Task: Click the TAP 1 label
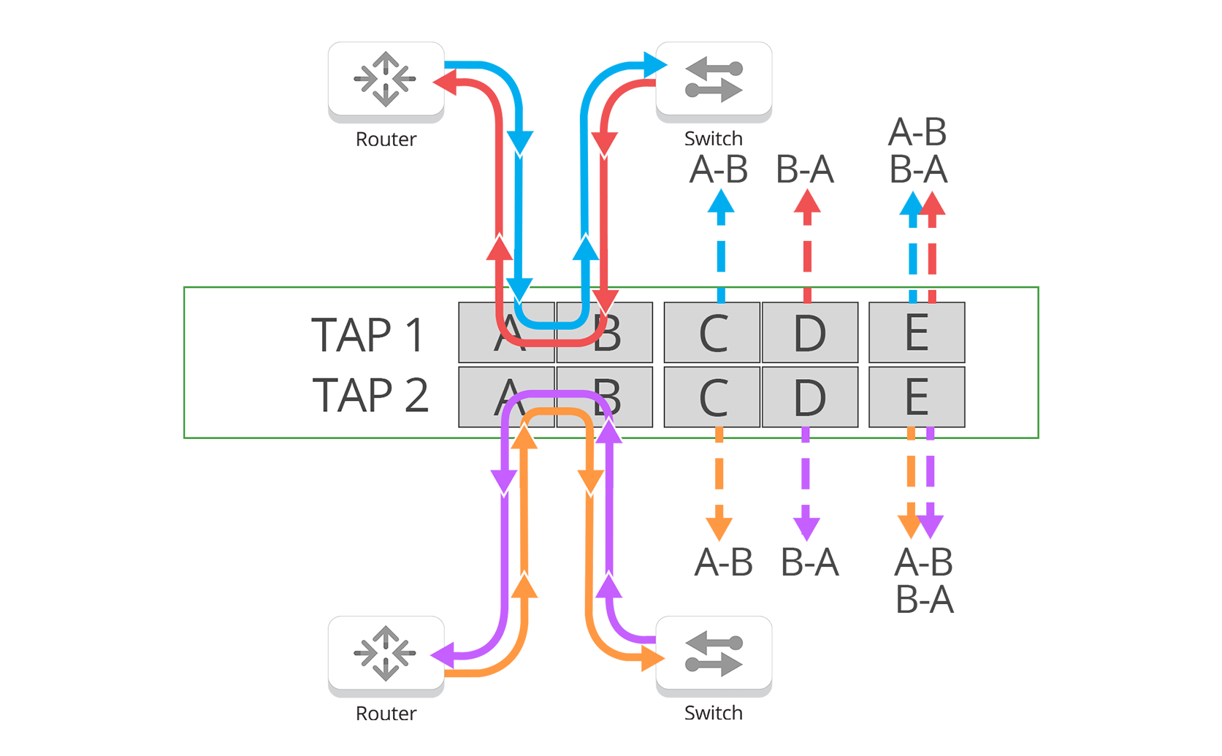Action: [x=367, y=335]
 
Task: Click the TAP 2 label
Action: [x=370, y=395]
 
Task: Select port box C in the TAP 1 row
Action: [x=712, y=333]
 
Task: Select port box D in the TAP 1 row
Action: [x=809, y=333]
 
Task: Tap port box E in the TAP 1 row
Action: [x=916, y=333]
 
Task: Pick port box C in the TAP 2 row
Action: [x=712, y=397]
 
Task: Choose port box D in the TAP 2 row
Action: [x=809, y=397]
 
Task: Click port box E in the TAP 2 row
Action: [x=916, y=397]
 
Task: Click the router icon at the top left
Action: [x=385, y=79]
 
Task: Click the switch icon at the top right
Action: [x=714, y=79]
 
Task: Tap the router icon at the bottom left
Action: [x=385, y=653]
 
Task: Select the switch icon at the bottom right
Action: [x=714, y=653]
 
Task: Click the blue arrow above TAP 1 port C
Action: [x=721, y=234]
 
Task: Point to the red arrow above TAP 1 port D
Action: [x=806, y=234]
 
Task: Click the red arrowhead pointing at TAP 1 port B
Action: [x=606, y=300]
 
